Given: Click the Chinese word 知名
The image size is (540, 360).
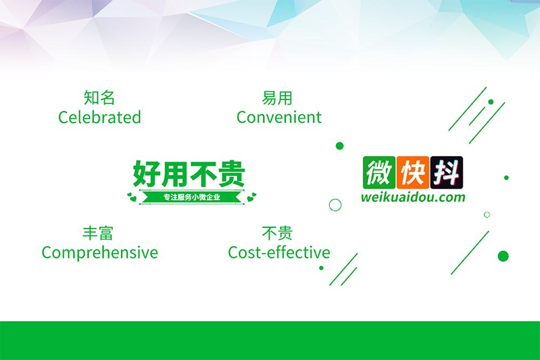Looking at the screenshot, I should pyautogui.click(x=99, y=98).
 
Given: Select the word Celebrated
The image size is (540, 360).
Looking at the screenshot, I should pyautogui.click(x=99, y=117).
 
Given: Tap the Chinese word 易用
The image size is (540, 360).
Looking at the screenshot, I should pyautogui.click(x=277, y=98).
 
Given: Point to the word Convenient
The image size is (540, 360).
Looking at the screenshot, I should pyautogui.click(x=279, y=117).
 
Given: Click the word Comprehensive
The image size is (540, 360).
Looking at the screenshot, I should pyautogui.click(x=100, y=252).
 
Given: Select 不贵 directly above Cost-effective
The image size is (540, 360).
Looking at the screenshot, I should pyautogui.click(x=277, y=233).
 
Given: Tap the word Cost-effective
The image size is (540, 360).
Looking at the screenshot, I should pyautogui.click(x=279, y=252).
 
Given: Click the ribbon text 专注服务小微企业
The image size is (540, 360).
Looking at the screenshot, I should pyautogui.click(x=191, y=197).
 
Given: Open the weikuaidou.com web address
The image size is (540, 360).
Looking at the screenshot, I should pyautogui.click(x=413, y=197).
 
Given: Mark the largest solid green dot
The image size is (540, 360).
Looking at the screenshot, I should pyautogui.click(x=503, y=255).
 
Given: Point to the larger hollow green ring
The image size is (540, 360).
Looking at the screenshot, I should pyautogui.click(x=335, y=205).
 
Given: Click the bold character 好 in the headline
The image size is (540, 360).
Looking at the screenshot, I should pyautogui.click(x=147, y=173).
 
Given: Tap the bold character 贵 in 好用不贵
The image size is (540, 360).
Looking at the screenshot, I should pyautogui.click(x=231, y=173).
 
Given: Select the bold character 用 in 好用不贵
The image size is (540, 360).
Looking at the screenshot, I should pyautogui.click(x=175, y=173).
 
